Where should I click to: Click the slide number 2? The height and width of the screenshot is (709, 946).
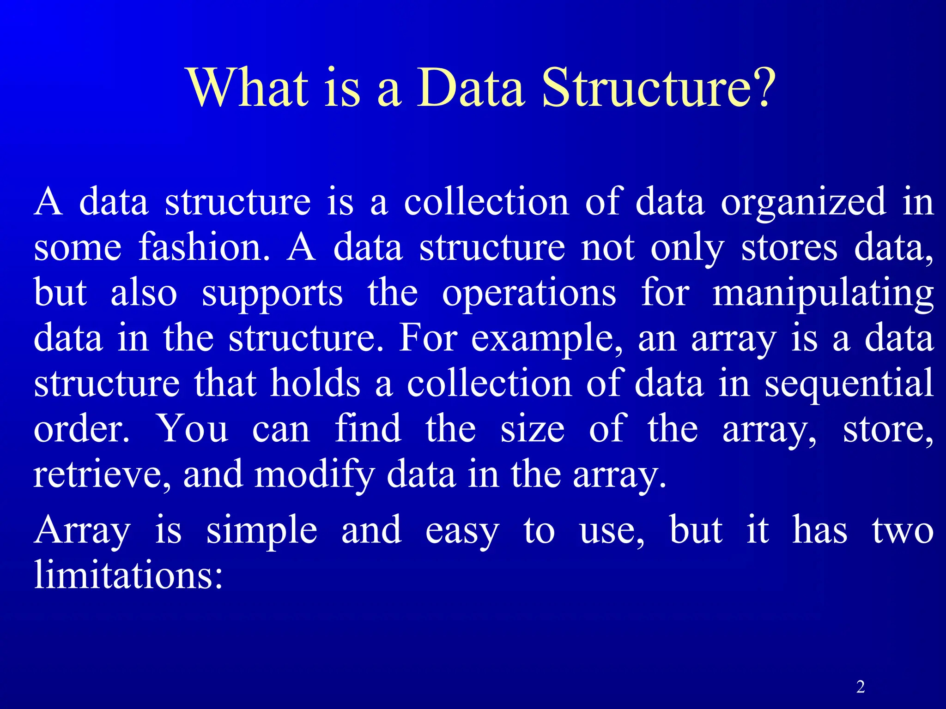(860, 687)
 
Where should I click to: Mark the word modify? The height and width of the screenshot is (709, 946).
(314, 475)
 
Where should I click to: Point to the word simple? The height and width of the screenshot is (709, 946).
(261, 531)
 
